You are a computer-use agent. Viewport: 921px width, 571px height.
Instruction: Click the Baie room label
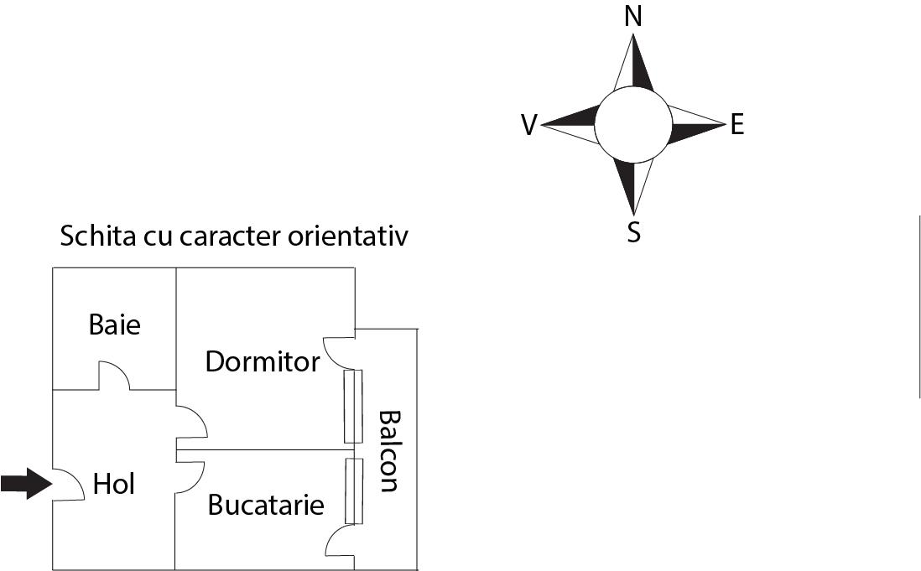point(115,324)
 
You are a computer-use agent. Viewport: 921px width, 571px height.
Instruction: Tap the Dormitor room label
point(263,361)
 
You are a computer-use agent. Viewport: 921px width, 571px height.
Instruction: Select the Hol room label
point(114,484)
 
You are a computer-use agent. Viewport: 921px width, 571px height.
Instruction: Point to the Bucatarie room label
point(266,506)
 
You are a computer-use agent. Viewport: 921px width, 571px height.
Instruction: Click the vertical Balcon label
point(389,451)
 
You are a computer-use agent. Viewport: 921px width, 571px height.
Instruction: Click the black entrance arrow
point(27,484)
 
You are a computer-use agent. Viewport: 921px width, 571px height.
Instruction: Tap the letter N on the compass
point(632,17)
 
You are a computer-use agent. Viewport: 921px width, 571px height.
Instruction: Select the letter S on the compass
point(633,232)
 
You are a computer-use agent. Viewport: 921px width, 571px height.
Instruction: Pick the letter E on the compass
point(737,124)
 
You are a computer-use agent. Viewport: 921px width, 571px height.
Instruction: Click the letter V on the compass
point(529,125)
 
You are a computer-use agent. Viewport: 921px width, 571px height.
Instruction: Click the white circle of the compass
point(632,124)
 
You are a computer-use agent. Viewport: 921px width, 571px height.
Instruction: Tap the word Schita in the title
point(97,236)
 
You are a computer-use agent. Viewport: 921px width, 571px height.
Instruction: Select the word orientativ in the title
point(348,236)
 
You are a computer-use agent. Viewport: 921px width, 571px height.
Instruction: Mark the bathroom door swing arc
point(114,376)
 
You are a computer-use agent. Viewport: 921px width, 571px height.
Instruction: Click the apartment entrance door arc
point(69,485)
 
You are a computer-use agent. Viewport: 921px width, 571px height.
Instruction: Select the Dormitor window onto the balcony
point(353,406)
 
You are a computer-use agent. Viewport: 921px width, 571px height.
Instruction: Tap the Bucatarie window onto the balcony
point(354,491)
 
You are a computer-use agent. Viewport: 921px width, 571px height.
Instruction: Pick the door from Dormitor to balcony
point(339,352)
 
